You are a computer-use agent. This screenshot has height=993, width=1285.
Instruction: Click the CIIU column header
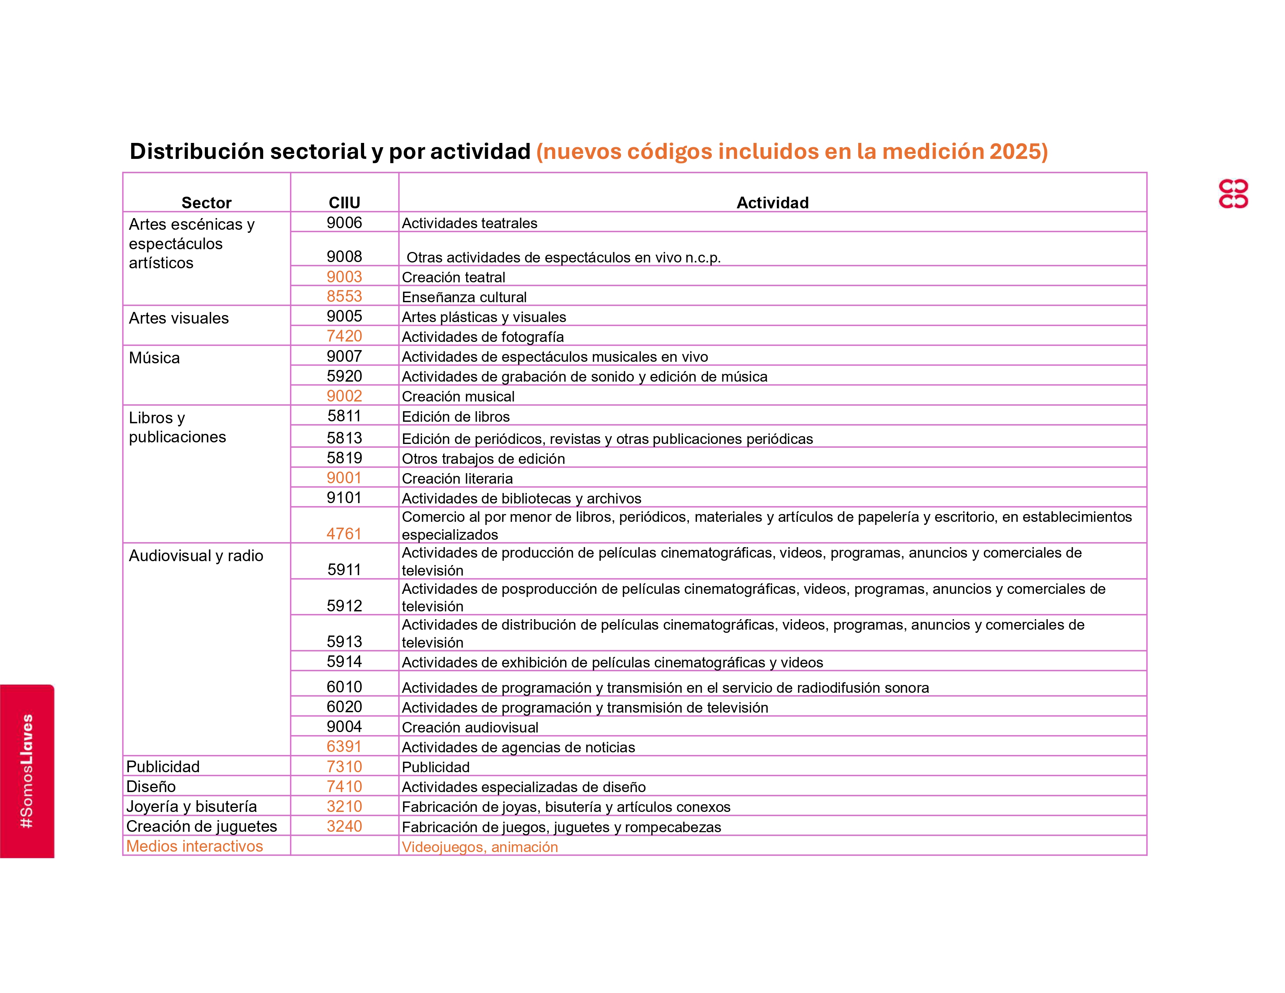click(344, 202)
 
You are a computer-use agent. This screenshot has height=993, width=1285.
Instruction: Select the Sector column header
click(206, 202)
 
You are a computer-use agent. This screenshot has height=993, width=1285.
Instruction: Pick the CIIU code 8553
click(344, 296)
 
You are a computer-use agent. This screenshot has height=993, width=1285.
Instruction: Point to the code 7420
click(344, 336)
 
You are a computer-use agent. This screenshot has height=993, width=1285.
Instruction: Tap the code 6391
click(344, 747)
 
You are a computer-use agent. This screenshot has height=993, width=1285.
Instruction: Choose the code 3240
click(344, 826)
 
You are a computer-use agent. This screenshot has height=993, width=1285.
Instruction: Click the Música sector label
click(154, 357)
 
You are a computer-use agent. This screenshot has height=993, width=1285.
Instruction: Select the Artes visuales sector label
click(178, 318)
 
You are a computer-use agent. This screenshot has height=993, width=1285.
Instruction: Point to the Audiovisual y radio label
click(196, 556)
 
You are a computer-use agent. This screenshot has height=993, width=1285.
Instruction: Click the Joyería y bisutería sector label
click(191, 806)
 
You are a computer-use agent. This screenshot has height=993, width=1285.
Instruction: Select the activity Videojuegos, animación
click(479, 847)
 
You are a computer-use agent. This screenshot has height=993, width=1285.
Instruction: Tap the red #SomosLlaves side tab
click(27, 771)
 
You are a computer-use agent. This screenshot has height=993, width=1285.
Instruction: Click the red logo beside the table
click(1233, 194)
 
